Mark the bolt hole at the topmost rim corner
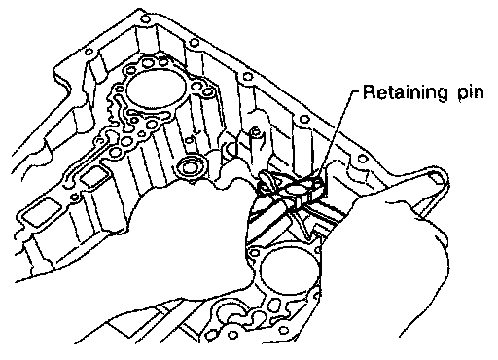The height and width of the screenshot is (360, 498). coord(146,19)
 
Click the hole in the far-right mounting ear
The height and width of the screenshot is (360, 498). coord(435,177)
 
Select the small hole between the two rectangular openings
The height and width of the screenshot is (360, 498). coord(75,197)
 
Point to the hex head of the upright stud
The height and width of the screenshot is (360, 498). coord(255,132)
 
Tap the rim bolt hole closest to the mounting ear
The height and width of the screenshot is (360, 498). coord(362,159)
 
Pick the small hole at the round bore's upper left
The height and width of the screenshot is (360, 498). coord(255,253)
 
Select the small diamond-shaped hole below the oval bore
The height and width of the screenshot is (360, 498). coord(142,133)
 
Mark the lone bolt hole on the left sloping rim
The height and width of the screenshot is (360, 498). coord(89,52)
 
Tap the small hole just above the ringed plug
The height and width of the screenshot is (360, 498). coord(189,140)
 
